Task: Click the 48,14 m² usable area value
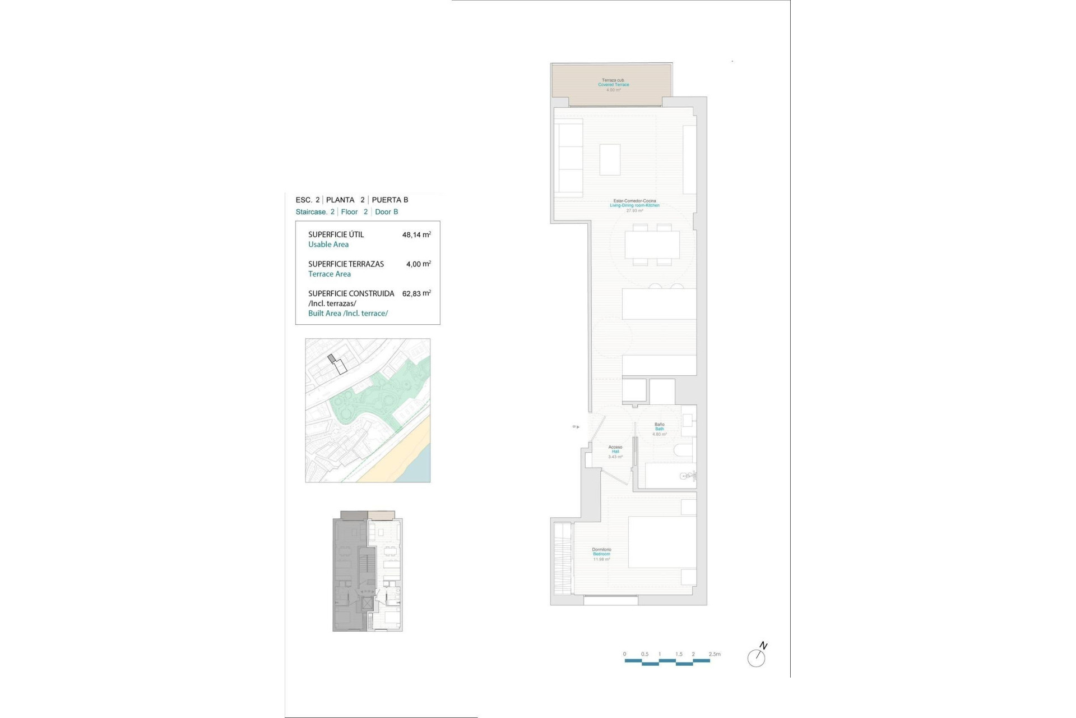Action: point(416,235)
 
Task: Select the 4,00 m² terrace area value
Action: point(418,264)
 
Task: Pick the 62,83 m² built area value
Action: point(416,293)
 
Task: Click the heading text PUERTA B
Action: point(390,200)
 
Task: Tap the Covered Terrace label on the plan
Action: point(613,85)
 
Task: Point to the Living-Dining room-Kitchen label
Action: point(634,205)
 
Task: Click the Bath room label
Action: point(660,429)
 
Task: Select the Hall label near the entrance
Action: point(615,452)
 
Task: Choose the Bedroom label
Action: point(601,554)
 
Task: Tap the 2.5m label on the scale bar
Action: point(715,654)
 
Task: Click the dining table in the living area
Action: point(652,245)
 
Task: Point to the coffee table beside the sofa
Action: point(610,160)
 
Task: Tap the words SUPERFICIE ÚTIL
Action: point(336,235)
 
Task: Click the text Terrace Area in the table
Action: point(330,274)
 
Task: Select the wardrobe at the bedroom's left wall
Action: point(563,558)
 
